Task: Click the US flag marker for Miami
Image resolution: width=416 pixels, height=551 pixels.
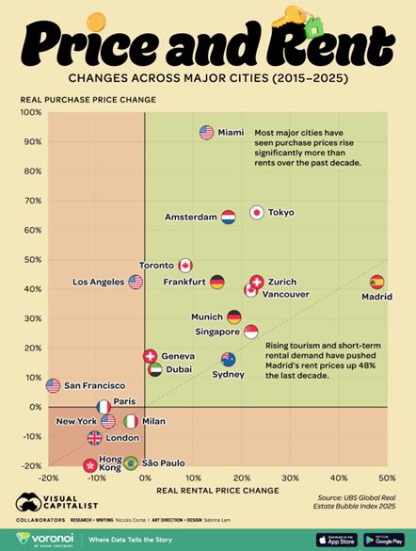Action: coord(207,133)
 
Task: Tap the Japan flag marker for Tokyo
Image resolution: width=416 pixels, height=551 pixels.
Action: coord(256,213)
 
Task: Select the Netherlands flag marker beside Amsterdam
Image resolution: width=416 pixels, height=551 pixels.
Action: coord(228,218)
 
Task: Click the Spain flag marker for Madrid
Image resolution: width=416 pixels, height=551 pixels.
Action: coord(377,282)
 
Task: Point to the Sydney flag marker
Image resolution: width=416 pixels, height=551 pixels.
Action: coord(228,360)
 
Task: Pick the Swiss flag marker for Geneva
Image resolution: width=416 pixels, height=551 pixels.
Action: coord(150,356)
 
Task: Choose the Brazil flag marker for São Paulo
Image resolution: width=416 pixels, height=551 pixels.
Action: coord(131,463)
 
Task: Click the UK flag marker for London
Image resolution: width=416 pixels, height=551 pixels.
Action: coord(94,438)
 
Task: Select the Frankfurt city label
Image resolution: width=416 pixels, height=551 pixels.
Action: coord(184,282)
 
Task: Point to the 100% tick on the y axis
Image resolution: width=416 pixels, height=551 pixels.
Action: coord(31,112)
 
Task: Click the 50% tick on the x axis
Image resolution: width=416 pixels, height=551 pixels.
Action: coord(387,478)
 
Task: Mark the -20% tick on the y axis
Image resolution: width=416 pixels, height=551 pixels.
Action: coord(31,466)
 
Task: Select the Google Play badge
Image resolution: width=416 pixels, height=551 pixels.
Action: coord(384,540)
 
